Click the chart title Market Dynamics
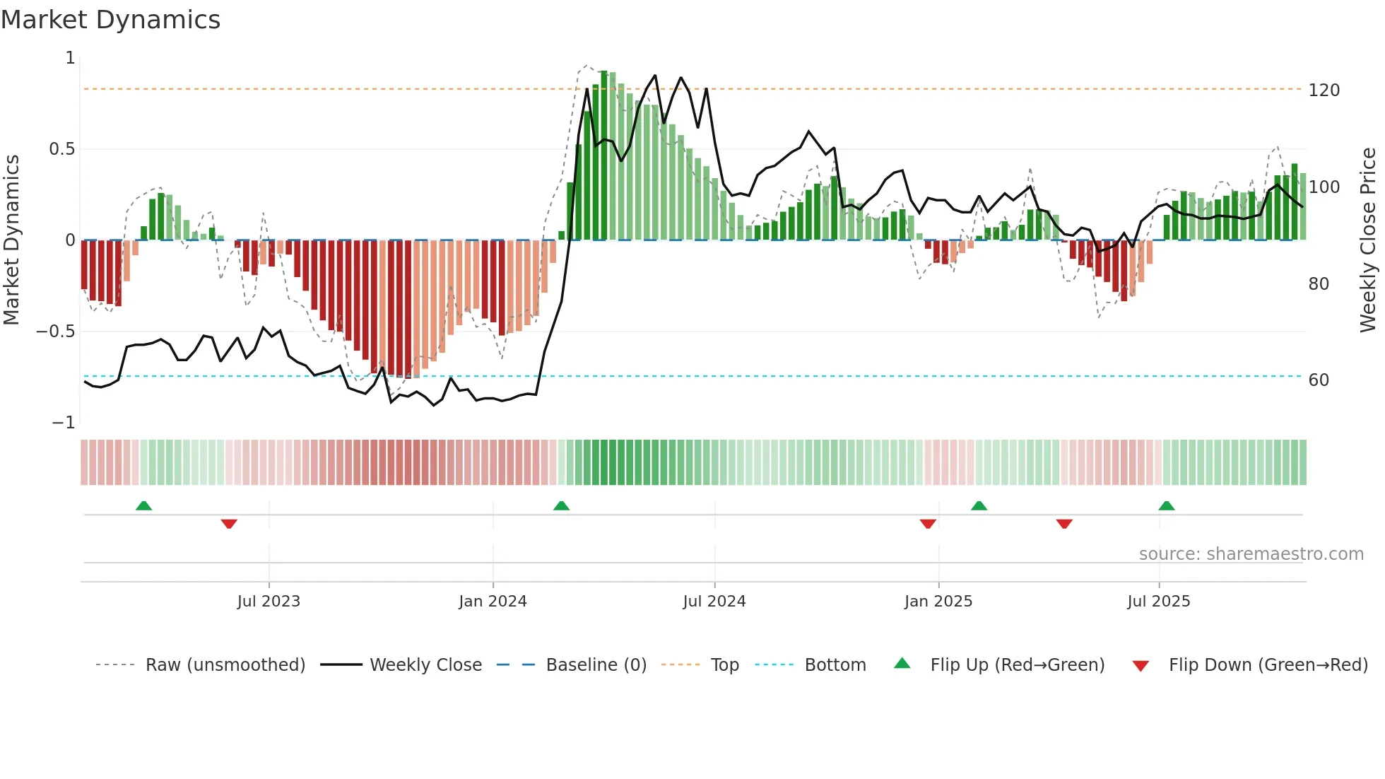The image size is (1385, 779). (111, 20)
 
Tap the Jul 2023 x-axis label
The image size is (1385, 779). (269, 602)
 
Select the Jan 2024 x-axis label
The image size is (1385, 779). (493, 602)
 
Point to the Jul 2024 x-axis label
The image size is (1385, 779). (714, 602)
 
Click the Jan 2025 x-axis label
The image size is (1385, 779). (938, 602)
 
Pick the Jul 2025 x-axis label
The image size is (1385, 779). (1159, 602)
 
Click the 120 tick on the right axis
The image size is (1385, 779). (1324, 90)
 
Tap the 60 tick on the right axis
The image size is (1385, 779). (1319, 380)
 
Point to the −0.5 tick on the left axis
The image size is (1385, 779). (56, 332)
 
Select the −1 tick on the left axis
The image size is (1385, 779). (64, 423)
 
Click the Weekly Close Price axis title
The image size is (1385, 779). (1368, 240)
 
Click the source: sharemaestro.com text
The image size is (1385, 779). (1251, 554)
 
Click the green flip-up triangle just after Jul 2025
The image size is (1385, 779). (1167, 505)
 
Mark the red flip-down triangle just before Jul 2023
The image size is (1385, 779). (229, 524)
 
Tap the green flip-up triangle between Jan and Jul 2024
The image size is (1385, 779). (561, 505)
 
